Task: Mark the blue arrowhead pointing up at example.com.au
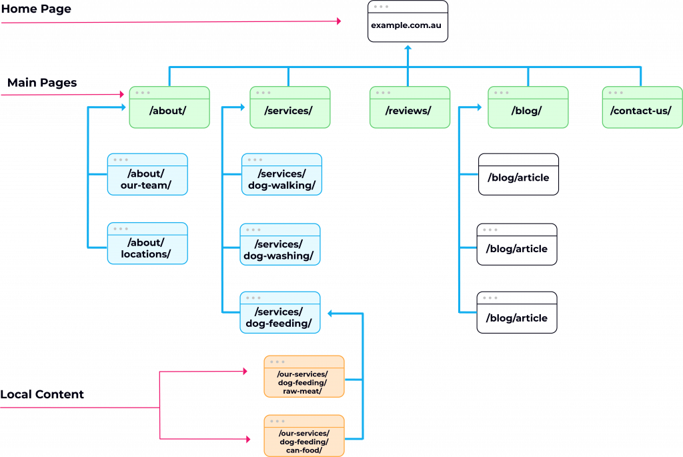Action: click(x=408, y=47)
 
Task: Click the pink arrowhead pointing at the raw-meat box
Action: click(x=245, y=371)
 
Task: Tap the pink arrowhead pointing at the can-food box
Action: click(x=248, y=440)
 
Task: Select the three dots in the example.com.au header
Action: click(x=381, y=7)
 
